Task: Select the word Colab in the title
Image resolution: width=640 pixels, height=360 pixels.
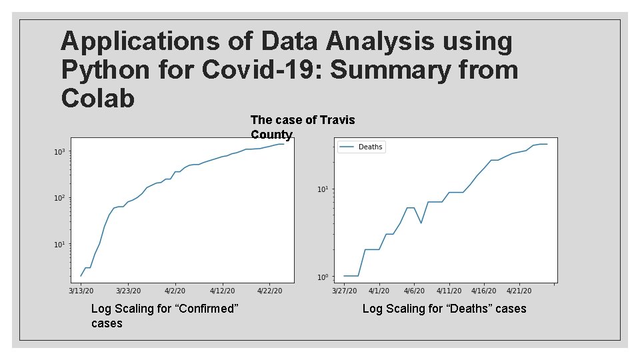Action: [x=98, y=98]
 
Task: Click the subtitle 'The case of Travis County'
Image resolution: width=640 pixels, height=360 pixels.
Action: [x=302, y=127]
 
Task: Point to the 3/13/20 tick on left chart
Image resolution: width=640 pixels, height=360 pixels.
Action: [x=81, y=291]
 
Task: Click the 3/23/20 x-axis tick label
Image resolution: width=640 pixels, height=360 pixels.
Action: [x=128, y=291]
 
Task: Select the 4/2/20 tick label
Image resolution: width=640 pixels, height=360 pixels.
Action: [x=175, y=291]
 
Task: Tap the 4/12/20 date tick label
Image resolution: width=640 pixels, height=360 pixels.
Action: [x=222, y=291]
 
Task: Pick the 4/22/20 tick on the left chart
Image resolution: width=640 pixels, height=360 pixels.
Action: [x=269, y=291]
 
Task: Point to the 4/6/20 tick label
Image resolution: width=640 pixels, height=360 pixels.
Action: [x=414, y=291]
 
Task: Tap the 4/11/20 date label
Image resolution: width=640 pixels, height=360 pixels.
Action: [x=449, y=291]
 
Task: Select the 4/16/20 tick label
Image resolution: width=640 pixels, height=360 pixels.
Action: [x=484, y=291]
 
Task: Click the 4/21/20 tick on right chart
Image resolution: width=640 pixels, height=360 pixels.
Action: [x=519, y=291]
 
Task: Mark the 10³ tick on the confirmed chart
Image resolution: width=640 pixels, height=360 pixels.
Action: [x=59, y=152]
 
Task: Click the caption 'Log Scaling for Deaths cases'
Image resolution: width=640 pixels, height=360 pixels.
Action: [x=444, y=309]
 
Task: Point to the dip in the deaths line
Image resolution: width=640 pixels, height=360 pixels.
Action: [x=421, y=223]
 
